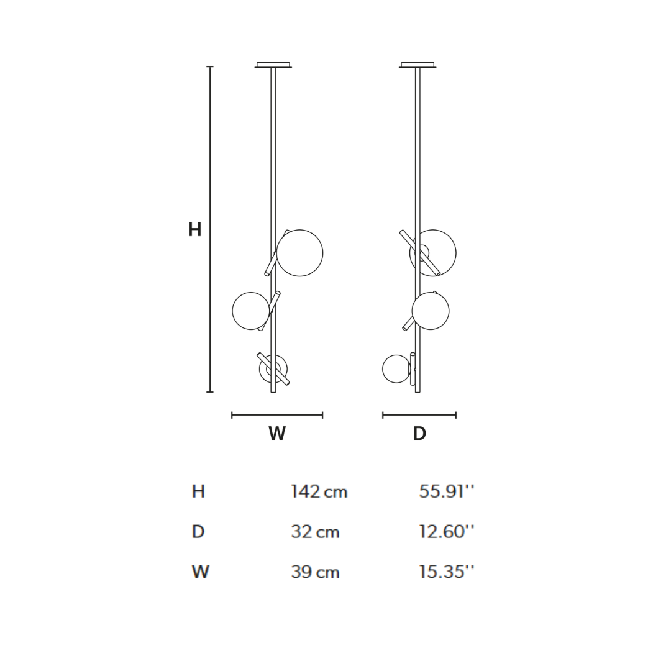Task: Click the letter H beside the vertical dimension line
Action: [x=194, y=230]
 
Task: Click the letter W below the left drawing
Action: [x=277, y=434]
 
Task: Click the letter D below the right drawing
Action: [x=419, y=434]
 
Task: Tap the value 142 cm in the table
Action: [x=319, y=492]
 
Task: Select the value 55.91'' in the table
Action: [x=446, y=492]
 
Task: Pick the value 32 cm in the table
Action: [x=315, y=532]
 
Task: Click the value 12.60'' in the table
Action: [x=446, y=532]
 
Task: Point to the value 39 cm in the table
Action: [x=315, y=572]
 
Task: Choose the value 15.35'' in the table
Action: [x=446, y=572]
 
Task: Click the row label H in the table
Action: [x=198, y=492]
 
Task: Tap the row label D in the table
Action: [x=198, y=532]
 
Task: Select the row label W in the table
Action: [x=200, y=572]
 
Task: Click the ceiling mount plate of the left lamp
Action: [x=273, y=65]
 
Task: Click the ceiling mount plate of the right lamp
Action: [x=418, y=65]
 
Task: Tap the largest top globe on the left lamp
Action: [x=300, y=253]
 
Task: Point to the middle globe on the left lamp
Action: [x=250, y=311]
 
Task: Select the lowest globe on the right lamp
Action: [x=396, y=369]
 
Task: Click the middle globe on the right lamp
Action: [x=431, y=311]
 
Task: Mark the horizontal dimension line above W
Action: [x=277, y=415]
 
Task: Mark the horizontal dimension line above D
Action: [x=419, y=415]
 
